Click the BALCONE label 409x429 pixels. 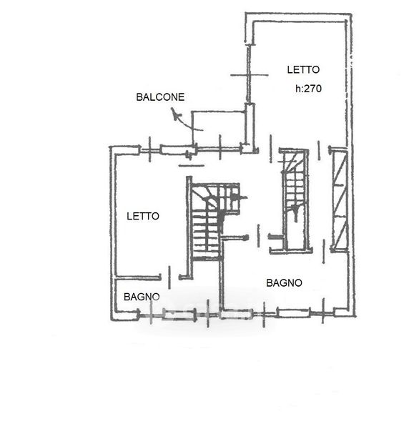pos(160,97)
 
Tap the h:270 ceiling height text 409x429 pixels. pos(308,89)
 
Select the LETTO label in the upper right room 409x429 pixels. pos(303,70)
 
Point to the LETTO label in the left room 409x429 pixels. pos(143,216)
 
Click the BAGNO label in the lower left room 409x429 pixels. pos(142,297)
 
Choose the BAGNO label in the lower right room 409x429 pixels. pos(284,283)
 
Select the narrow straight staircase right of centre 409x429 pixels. pos(295,199)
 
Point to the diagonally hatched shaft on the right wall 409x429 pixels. pos(339,200)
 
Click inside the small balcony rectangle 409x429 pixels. pos(218,128)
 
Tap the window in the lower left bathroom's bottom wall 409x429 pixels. pos(179,315)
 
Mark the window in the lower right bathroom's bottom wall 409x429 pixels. pos(293,312)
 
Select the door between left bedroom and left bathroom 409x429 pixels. pos(169,277)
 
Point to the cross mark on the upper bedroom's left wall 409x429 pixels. pos(249,74)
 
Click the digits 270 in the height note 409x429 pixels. pos(313,89)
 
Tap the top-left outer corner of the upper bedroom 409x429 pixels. pos(245,13)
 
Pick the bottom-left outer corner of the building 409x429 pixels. pos(112,320)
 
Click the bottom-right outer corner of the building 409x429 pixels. pos(355,316)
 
